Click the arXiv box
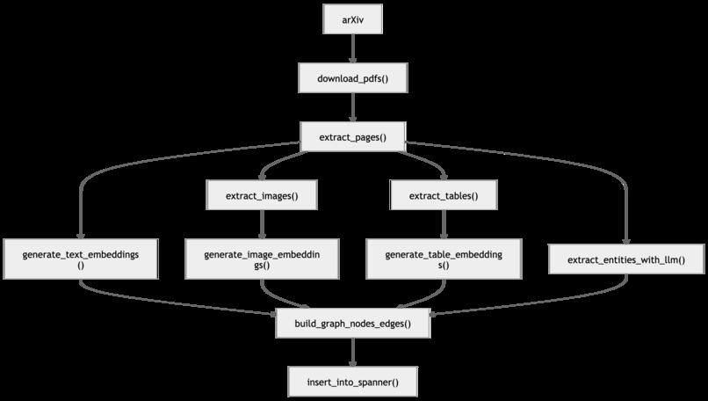352,19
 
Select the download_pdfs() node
352,78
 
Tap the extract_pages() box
352,136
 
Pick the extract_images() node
262,195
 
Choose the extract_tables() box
444,195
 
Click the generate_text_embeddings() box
81,259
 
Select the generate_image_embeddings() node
262,259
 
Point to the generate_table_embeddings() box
444,259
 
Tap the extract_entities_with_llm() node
626,259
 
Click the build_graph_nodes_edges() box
352,324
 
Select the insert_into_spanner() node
352,382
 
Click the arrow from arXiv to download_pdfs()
352,48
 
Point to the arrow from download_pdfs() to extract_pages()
352,107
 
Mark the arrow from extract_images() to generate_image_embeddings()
262,224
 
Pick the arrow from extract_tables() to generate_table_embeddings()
444,224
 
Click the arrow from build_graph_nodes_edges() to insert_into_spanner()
352,352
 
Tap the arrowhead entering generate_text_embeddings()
81,235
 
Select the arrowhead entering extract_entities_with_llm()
626,240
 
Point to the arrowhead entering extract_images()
262,176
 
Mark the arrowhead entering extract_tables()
444,176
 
